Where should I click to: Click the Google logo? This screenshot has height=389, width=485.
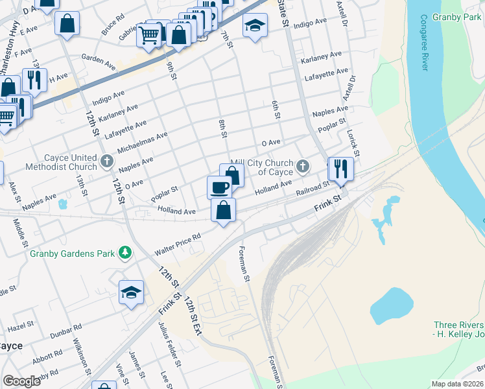pos(22,381)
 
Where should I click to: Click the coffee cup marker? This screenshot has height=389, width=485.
pos(219,187)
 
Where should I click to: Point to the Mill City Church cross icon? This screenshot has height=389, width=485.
pos(302,167)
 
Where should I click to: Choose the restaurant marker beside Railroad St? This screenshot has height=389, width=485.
pos(340,169)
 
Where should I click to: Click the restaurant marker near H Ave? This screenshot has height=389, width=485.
pos(34,80)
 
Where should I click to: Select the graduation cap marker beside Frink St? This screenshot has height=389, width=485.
pos(131,292)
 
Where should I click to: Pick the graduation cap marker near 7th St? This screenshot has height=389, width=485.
pos(255,25)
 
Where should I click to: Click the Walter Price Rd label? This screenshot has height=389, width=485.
pos(176,245)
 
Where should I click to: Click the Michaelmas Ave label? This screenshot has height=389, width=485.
pos(142,144)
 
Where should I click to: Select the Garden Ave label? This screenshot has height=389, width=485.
pos(99,59)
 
